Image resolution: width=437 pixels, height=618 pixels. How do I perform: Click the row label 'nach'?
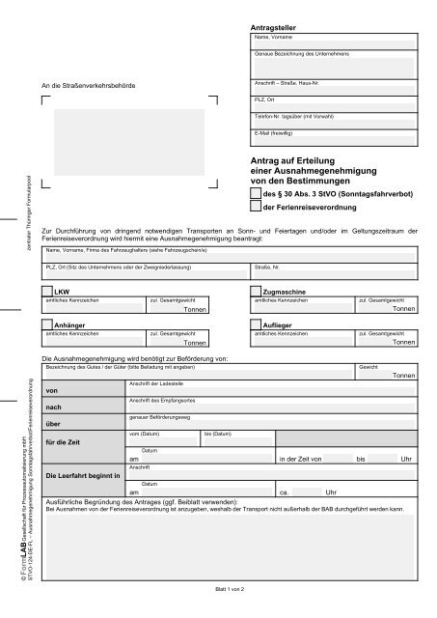(52, 406)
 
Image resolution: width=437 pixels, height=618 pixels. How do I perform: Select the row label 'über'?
(52, 423)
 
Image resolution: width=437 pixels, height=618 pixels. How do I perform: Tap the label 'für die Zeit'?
(61, 440)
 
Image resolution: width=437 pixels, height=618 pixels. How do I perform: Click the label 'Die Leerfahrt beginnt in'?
(83, 475)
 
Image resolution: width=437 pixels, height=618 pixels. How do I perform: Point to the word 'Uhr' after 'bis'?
(406, 459)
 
